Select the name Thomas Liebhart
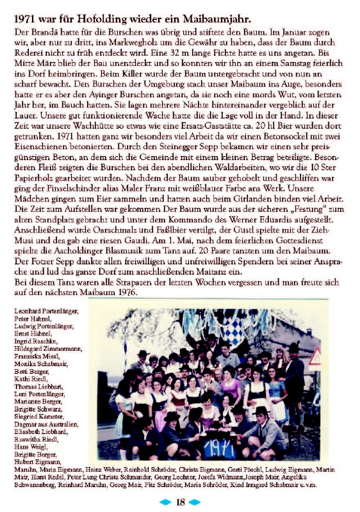point(38,386)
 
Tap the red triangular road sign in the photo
point(315,358)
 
